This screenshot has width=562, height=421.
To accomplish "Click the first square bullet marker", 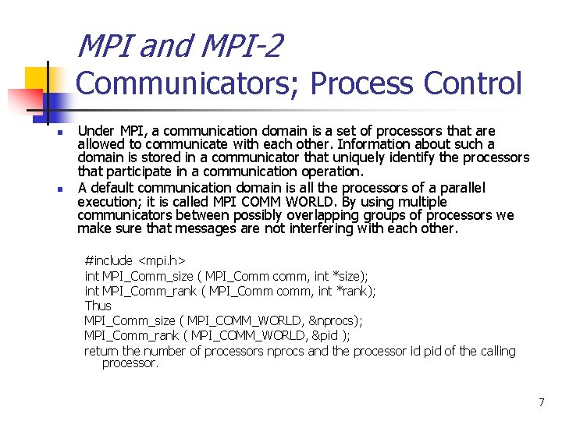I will coord(58,133).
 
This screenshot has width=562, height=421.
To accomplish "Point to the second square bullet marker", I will coord(58,189).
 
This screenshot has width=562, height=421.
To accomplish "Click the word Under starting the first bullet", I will coord(95,131).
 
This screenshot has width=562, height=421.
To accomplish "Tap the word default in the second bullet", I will coord(112,187).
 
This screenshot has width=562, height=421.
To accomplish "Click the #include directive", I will coord(108,260).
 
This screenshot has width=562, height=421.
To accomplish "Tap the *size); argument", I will coord(350,275).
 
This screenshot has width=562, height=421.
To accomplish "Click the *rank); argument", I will coord(354,290).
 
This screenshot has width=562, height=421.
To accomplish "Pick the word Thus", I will coord(98,306).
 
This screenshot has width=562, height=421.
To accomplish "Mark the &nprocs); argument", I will coord(336,320).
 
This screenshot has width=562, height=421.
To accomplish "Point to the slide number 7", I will coord(541,402).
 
